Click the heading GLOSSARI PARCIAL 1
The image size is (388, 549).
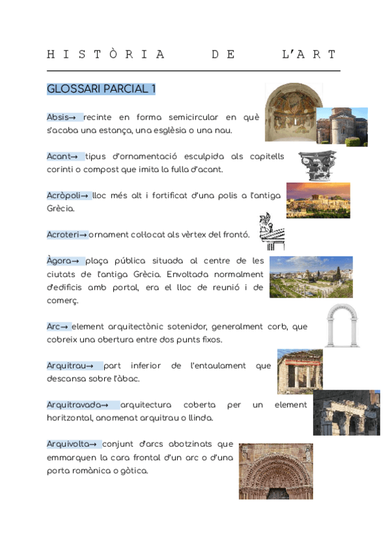[x=101, y=89]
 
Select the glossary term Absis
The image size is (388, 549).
[x=57, y=117]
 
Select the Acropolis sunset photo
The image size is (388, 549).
[x=318, y=200]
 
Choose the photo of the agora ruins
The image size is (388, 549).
[x=310, y=277]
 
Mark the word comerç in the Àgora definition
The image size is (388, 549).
[x=63, y=300]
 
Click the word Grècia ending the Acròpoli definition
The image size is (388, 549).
[x=60, y=208]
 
